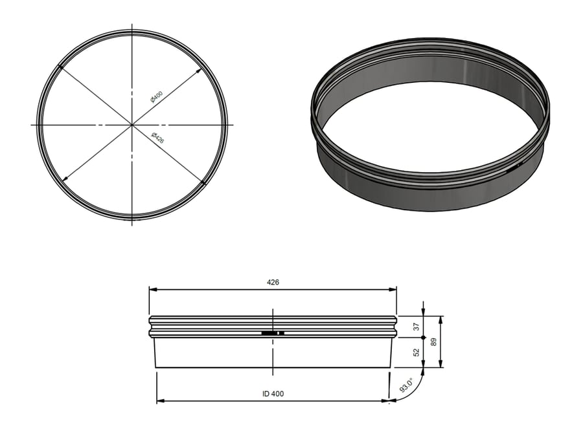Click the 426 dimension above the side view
coord(273,283)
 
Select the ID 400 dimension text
coord(273,393)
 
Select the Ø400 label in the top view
coord(156,97)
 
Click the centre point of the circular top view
coord(132,124)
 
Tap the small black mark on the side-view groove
coord(273,332)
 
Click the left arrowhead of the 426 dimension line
coord(152,290)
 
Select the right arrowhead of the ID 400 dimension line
coord(387,401)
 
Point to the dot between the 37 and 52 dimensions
coord(423,338)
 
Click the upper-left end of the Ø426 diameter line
coord(60,65)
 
